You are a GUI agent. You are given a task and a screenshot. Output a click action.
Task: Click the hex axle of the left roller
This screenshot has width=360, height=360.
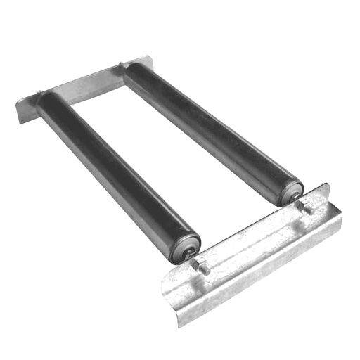tap(200, 266)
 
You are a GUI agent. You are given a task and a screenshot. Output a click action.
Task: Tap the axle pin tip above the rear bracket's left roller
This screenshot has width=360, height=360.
tap(38, 91)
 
